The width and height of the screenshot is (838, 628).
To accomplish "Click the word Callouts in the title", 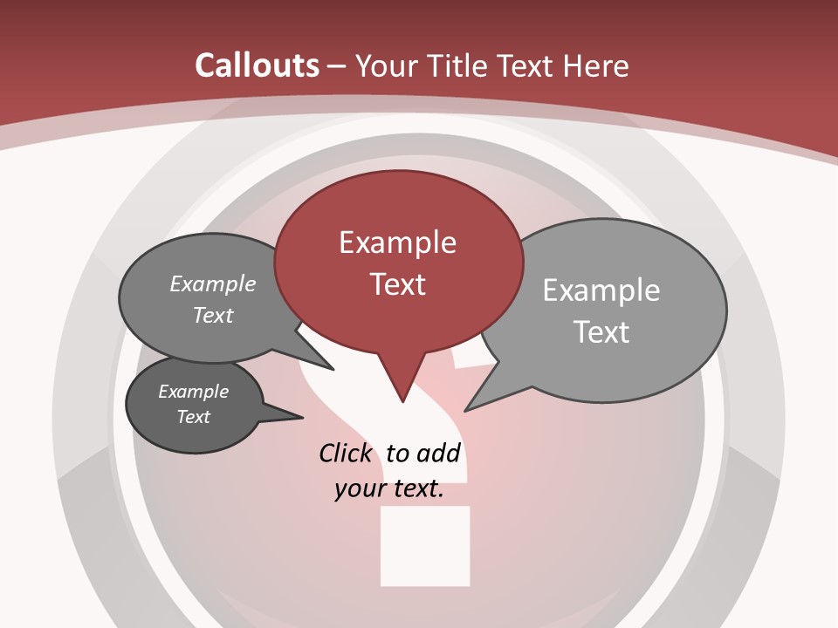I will [x=257, y=65].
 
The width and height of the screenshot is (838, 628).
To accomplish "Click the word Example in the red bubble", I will [x=397, y=242].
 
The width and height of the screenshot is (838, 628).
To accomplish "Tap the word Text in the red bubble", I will [x=397, y=284].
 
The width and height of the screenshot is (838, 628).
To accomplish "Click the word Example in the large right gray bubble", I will [x=601, y=290].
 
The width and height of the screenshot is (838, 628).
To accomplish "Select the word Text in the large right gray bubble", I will [x=601, y=332].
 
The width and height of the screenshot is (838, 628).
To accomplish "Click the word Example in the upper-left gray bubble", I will [x=213, y=283].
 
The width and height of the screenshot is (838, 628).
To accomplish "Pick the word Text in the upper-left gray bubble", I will [x=213, y=315].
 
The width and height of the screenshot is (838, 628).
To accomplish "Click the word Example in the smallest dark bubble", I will [x=193, y=392].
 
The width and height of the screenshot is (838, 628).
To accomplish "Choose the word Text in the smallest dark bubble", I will [x=193, y=417].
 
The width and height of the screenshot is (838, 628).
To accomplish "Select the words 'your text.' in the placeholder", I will [x=389, y=489].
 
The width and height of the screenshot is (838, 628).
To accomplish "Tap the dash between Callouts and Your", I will [x=337, y=65].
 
